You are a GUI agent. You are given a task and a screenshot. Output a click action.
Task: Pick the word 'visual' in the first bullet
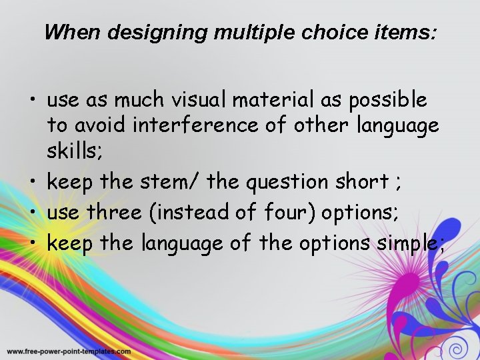click(194, 100)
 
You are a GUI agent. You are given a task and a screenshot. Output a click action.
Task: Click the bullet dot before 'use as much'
click(32, 101)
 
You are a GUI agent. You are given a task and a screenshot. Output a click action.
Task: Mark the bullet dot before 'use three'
click(32, 213)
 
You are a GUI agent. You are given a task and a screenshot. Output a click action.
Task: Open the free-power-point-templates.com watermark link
click(69, 351)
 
